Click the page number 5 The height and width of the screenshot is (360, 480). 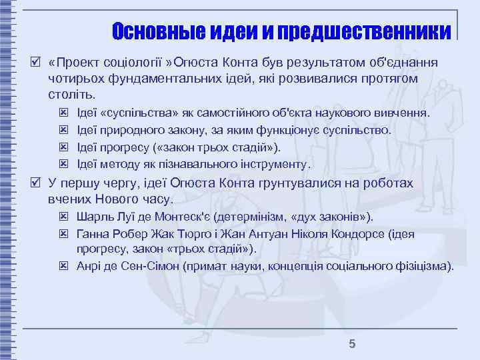353,344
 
